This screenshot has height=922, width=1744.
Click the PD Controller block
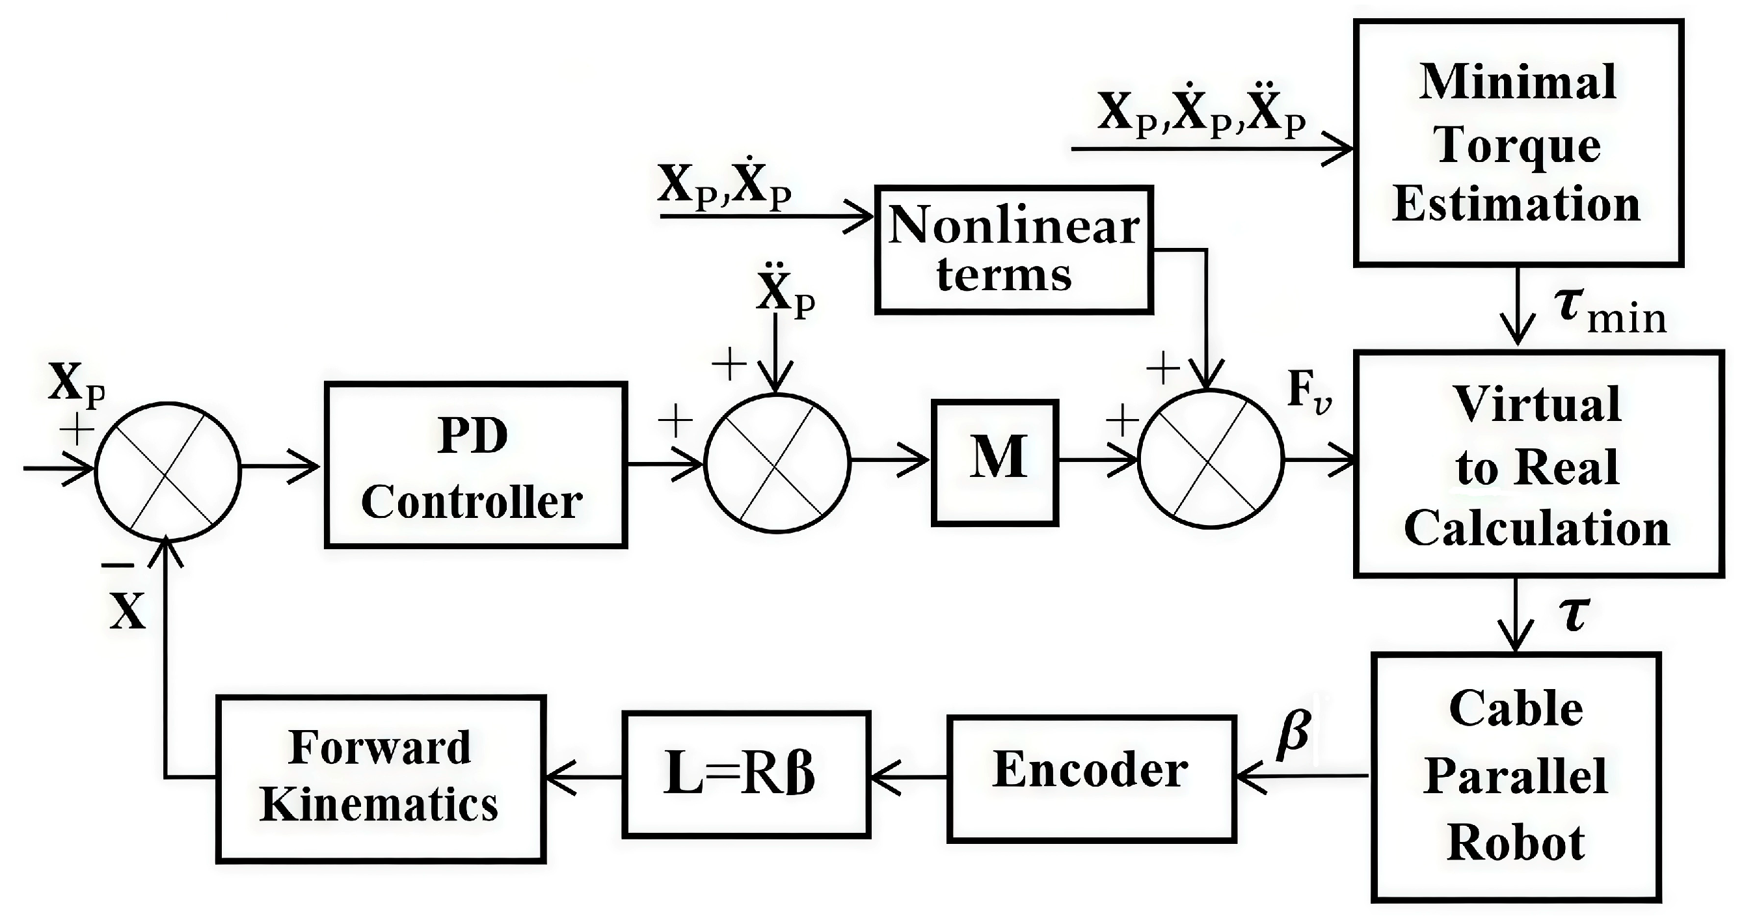click(476, 465)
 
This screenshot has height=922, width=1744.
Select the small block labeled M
click(995, 463)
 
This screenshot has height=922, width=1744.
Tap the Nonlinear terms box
click(1013, 250)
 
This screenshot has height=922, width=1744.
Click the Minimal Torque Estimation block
click(1518, 143)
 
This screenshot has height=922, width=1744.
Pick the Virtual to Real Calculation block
click(1538, 464)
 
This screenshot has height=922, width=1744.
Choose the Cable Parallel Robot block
click(1516, 777)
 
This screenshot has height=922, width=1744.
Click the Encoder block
click(1092, 778)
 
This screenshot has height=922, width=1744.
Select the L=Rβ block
click(745, 774)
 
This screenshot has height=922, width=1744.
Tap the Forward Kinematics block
click(381, 778)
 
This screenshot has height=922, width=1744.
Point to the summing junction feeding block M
click(777, 463)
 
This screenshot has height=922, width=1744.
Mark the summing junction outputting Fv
click(1211, 459)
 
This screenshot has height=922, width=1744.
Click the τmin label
click(1610, 312)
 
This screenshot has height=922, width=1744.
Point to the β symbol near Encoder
click(1293, 733)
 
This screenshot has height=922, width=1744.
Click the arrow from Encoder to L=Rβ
click(907, 777)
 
